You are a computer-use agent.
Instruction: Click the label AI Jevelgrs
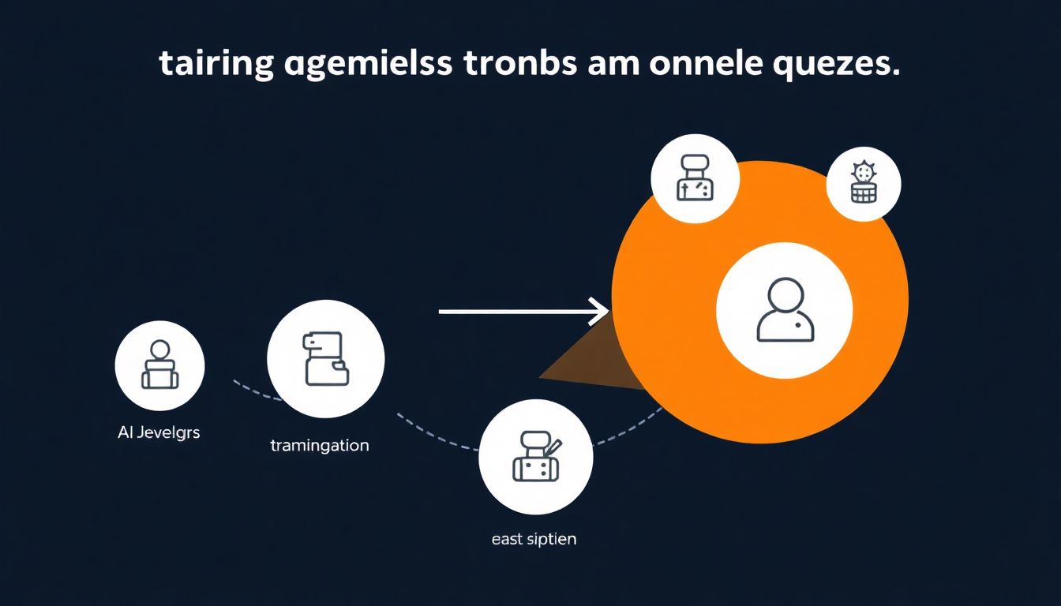(x=158, y=432)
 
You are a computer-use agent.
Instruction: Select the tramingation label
(x=319, y=445)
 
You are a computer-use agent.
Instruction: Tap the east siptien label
(x=533, y=540)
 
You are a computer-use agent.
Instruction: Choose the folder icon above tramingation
(x=325, y=359)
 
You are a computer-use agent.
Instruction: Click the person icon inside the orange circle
(x=784, y=310)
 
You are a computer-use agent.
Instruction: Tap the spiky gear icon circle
(x=864, y=184)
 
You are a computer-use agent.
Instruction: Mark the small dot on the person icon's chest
(x=799, y=325)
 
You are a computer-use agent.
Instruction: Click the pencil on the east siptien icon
(x=553, y=447)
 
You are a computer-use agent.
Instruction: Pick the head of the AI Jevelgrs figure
(x=159, y=349)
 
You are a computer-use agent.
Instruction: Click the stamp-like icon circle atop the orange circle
(x=695, y=178)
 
